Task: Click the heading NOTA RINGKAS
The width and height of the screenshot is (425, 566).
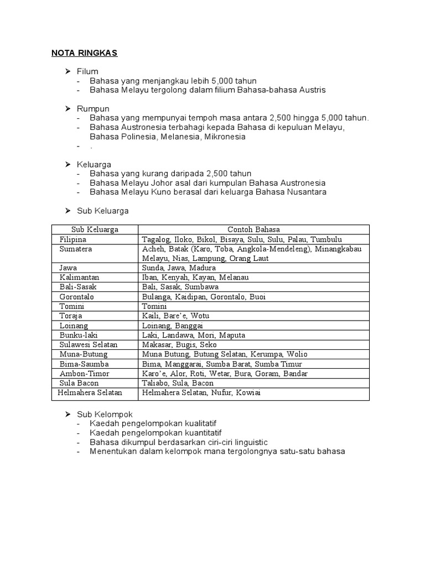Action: tap(85, 53)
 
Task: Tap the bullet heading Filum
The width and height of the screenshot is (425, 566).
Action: tap(87, 71)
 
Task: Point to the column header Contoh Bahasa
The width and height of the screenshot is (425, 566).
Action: tap(253, 229)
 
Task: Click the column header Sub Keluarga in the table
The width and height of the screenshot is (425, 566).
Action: tap(95, 229)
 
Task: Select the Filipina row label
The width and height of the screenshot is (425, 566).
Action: tap(74, 239)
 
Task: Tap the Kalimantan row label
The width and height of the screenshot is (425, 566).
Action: tap(79, 277)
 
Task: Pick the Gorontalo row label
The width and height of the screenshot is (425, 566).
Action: tap(77, 297)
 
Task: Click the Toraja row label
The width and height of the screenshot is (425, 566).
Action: tap(71, 316)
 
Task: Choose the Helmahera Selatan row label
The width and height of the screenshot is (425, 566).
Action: tap(90, 392)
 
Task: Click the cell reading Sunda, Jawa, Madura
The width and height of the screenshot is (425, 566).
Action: tap(171, 268)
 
